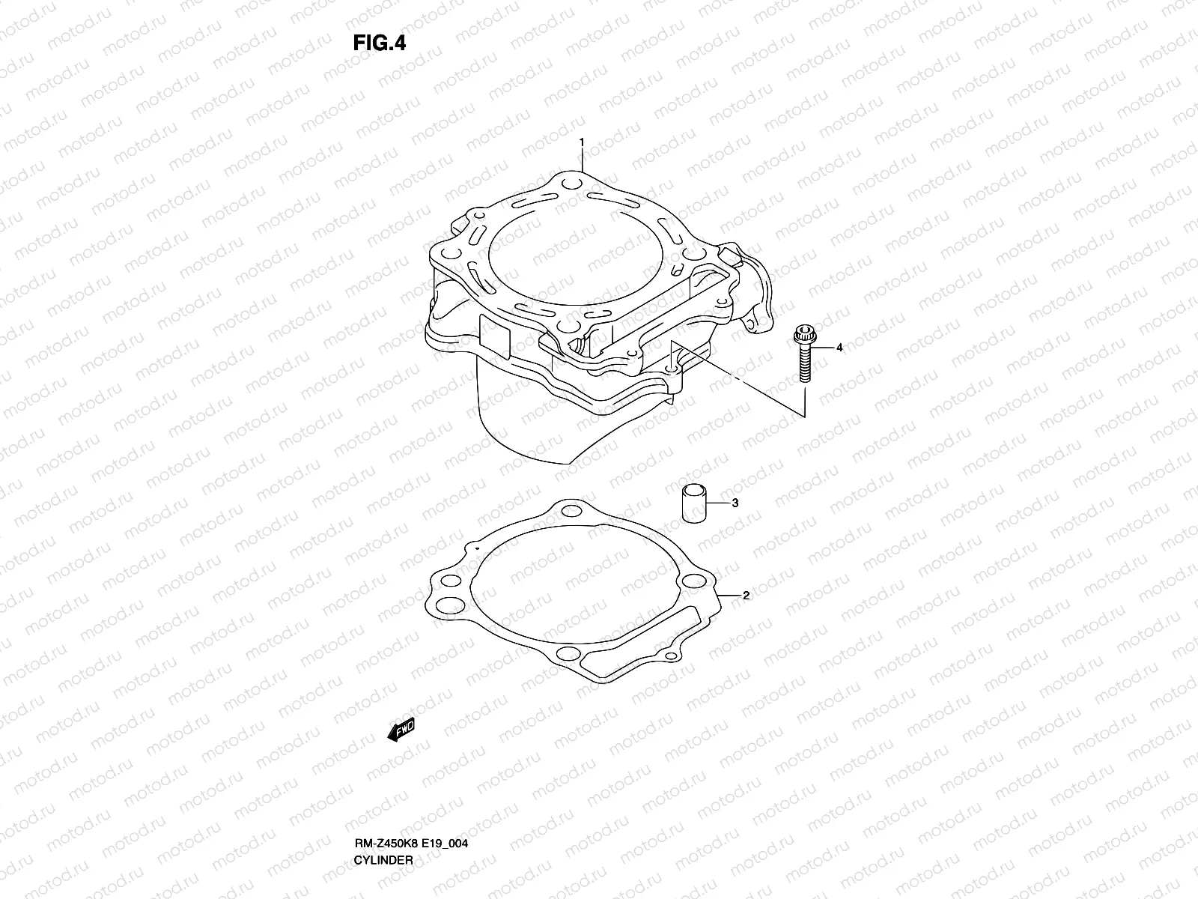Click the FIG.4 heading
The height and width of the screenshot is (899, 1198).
[x=380, y=43]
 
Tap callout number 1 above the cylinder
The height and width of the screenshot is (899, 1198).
[x=580, y=142]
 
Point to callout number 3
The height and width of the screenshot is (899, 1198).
[x=735, y=503]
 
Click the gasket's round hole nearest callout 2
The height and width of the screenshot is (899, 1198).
[x=695, y=581]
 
